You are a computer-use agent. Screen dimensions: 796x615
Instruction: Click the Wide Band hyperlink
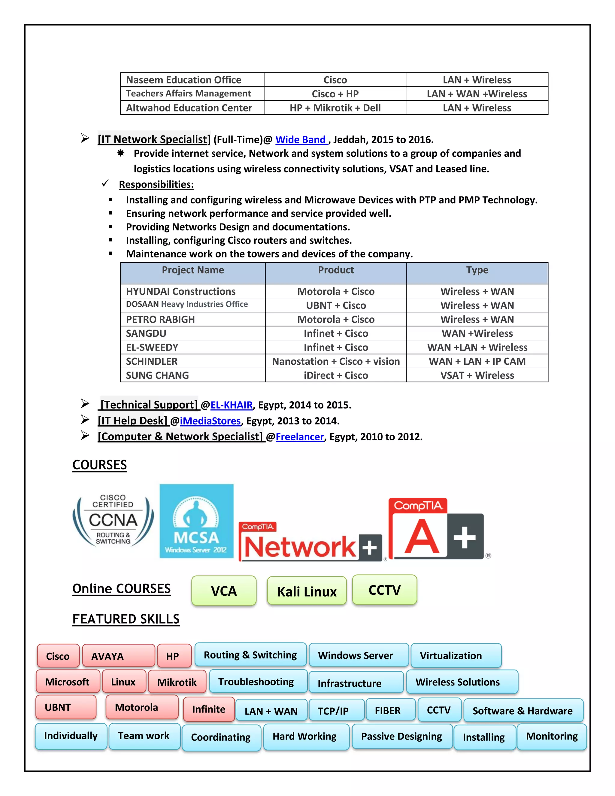301,140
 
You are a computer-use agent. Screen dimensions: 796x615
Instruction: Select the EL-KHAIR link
231,405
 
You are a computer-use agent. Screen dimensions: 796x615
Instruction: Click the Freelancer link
299,437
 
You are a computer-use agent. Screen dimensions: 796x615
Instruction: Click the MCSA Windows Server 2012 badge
196,521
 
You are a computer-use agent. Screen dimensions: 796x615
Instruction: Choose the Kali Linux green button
307,591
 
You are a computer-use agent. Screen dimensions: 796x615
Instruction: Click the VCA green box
224,591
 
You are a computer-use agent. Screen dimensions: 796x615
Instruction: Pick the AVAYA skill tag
118,656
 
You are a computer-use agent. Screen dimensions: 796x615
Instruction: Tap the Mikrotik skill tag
177,682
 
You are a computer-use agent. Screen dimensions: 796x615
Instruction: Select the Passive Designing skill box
401,736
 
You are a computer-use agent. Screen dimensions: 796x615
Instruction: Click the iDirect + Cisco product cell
335,375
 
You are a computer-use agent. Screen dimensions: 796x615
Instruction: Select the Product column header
335,270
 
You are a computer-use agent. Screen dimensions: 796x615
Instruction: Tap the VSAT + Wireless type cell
477,375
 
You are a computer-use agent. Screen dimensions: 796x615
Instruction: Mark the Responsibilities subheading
156,184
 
